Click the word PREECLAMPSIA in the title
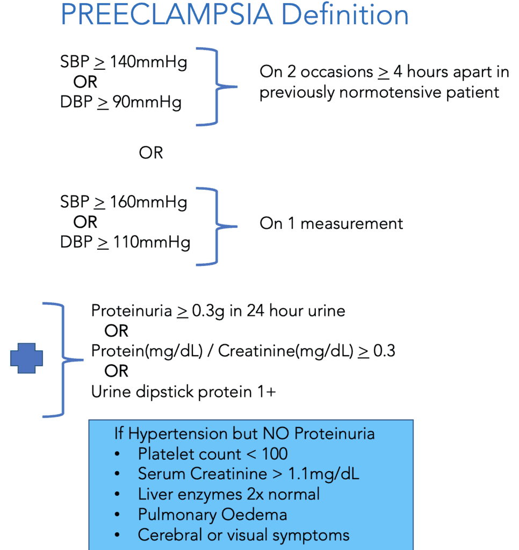point(167,15)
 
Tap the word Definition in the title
point(345,15)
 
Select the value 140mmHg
point(148,62)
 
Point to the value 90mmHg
point(147,103)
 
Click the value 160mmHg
point(148,202)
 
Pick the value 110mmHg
point(152,243)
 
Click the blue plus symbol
point(27,358)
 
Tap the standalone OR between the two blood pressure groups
point(151,153)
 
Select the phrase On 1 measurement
point(331,223)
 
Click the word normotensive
point(390,92)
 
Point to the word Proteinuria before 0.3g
point(132,311)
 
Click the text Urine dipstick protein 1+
point(184,392)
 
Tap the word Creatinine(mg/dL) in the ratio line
point(286,351)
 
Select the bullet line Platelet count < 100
point(213,454)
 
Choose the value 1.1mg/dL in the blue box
point(323,474)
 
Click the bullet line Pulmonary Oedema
point(212,515)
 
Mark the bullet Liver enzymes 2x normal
point(229,495)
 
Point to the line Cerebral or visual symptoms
point(243,535)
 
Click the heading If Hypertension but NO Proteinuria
point(244,434)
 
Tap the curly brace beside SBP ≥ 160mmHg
point(217,227)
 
